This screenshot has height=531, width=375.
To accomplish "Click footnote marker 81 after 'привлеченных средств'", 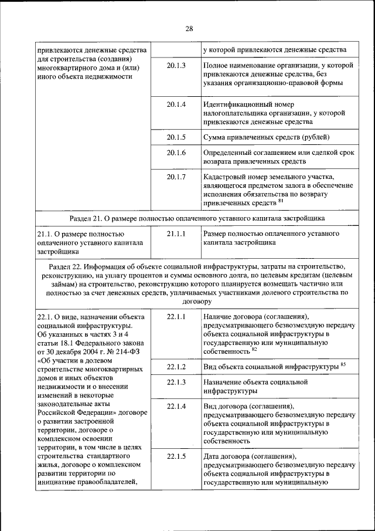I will pos(281,201).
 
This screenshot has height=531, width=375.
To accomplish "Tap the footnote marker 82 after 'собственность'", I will pos(254,349).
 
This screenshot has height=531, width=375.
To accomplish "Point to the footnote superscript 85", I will pos(343,365).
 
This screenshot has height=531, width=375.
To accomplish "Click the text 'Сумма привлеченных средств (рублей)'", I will pos(267,137).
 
